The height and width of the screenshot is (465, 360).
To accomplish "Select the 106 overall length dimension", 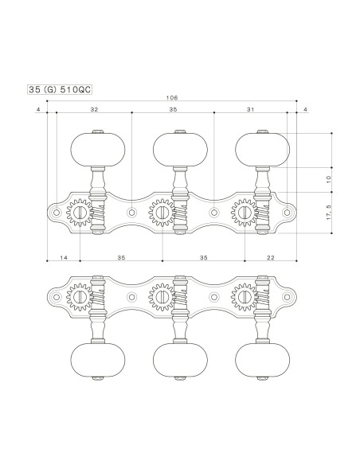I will pos(172,98).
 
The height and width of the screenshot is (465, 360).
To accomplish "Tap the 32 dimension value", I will pos(94,108).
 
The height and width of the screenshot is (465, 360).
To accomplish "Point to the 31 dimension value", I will pos(251,108).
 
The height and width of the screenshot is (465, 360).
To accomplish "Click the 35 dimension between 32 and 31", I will pos(173,108).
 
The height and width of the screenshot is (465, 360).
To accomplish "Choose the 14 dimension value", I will pos(64,258).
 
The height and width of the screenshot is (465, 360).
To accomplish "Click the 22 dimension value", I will pos(270,258).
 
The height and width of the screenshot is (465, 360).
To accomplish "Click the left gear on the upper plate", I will pos(80,213).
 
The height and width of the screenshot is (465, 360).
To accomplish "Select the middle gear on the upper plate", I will pos(162,213).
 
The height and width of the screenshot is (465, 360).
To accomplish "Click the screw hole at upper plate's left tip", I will pos(57,213).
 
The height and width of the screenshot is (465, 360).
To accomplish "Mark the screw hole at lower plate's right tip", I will pos(288,296).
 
